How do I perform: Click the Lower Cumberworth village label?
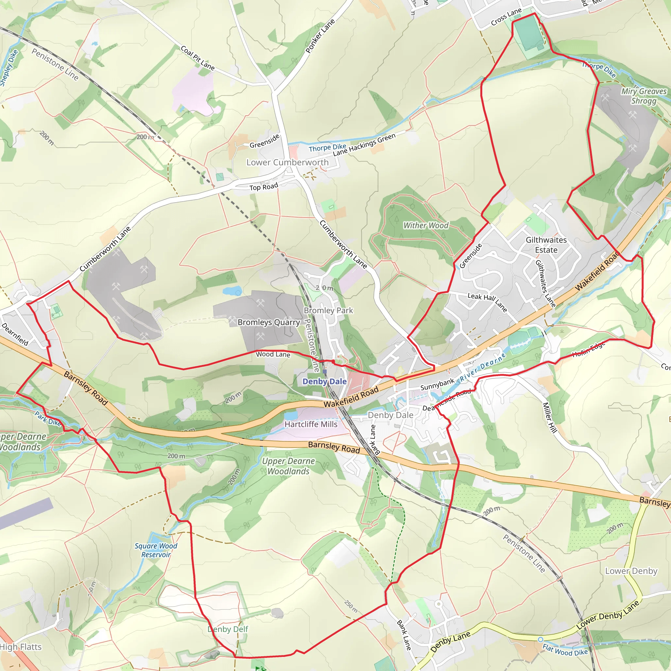click(x=287, y=163)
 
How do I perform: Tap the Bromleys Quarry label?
click(x=268, y=322)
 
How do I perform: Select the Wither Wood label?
click(x=426, y=225)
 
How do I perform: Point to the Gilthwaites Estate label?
click(x=546, y=245)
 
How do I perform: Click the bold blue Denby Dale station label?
click(x=324, y=381)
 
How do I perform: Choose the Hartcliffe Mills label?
click(x=311, y=424)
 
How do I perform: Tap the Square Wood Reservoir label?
click(x=156, y=550)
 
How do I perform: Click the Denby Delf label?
click(x=228, y=629)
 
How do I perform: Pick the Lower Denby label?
click(x=631, y=571)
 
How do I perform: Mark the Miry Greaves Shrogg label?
click(x=644, y=96)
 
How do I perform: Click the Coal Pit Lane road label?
click(x=198, y=58)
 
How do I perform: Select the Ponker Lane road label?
click(x=320, y=36)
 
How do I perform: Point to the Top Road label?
click(x=264, y=186)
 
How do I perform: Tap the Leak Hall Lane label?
click(x=487, y=302)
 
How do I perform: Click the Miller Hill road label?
click(x=550, y=417)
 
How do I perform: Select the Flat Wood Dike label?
click(x=565, y=649)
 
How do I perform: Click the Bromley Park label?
click(x=328, y=311)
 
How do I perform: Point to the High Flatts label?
click(x=21, y=647)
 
